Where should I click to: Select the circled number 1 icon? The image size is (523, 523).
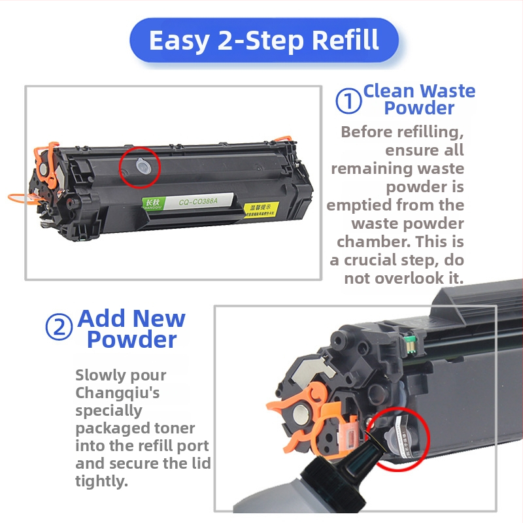coord(348,101)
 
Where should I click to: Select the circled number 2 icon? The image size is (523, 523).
coord(59,327)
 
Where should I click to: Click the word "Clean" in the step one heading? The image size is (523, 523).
coord(390,91)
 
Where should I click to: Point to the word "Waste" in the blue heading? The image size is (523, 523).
coord(448,91)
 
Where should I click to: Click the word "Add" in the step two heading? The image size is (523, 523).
coord(102,318)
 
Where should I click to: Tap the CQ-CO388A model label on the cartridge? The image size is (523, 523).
coord(199,202)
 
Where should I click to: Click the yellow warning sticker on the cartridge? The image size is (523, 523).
coord(261,211)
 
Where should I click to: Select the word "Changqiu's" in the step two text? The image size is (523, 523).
coord(117,393)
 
